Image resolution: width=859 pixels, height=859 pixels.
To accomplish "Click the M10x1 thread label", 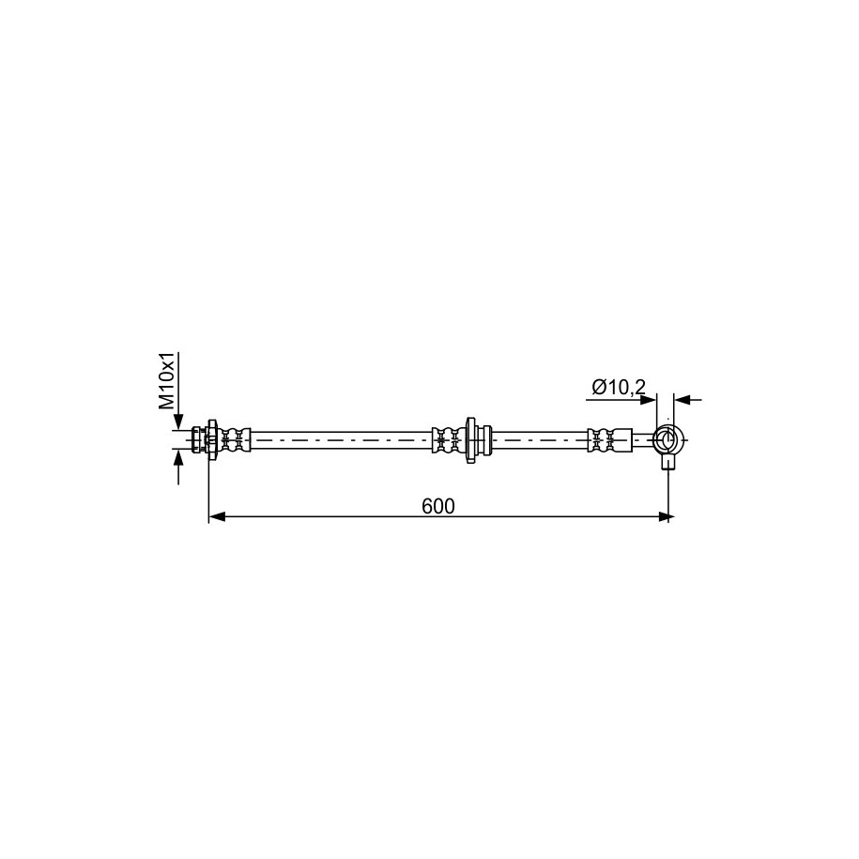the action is [x=166, y=381].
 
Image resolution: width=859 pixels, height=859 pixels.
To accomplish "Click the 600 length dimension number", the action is [x=438, y=506].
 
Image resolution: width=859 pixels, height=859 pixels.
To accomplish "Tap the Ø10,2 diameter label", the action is [x=619, y=388].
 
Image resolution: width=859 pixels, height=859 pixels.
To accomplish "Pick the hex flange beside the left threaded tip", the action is [x=211, y=440].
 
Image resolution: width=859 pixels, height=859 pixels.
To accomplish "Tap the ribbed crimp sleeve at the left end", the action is [x=235, y=440].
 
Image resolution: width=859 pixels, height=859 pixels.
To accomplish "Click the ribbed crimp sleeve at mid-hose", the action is [x=448, y=440].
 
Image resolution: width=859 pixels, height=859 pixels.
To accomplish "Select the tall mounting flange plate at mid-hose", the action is [x=470, y=440].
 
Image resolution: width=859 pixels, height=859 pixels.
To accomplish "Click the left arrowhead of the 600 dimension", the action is [x=217, y=516].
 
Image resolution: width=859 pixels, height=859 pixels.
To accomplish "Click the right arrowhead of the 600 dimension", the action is [x=666, y=516].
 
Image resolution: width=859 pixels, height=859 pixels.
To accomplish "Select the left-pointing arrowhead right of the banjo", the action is [x=683, y=400].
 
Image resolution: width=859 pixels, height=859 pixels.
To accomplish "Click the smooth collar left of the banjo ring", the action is [x=624, y=440].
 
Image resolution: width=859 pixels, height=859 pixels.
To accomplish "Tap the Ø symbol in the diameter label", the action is [x=598, y=388].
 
